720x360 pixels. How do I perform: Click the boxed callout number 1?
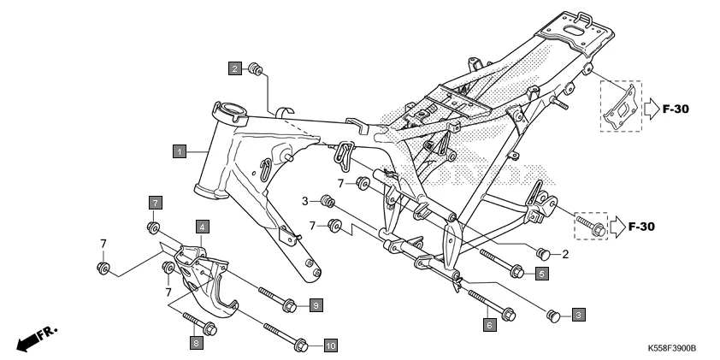179,151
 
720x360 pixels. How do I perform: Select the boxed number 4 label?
202,227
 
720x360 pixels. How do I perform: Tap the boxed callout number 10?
330,345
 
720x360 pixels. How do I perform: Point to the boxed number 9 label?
315,305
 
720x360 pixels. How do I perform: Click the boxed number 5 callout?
540,274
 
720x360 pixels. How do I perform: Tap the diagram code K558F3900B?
671,350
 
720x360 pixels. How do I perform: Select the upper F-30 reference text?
670,109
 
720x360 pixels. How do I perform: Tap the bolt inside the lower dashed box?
593,226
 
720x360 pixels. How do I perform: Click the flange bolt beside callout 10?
284,336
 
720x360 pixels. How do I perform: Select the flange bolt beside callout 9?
272,297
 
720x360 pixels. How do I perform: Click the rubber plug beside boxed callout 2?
255,68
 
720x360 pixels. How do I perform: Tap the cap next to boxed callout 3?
552,316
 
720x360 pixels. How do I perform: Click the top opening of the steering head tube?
230,109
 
